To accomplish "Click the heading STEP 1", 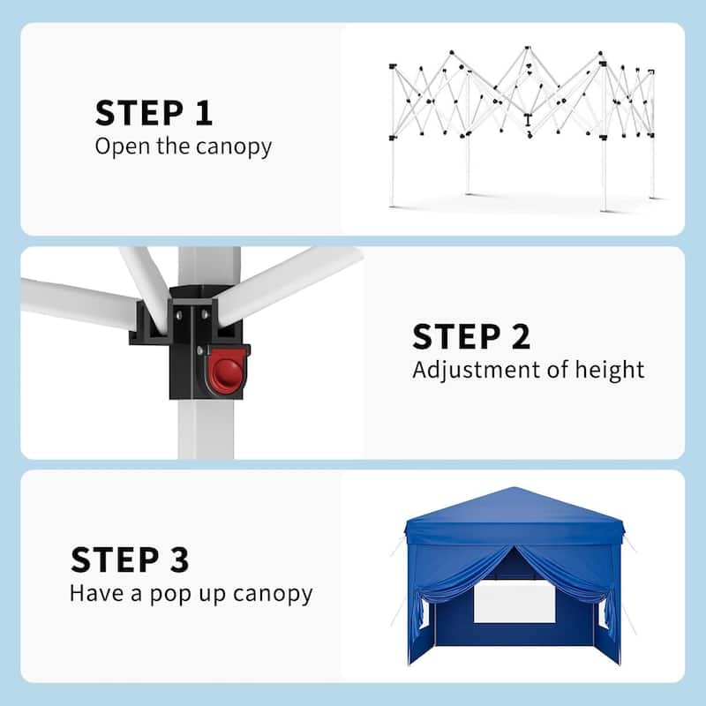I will click(x=154, y=113).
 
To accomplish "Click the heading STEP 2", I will click(x=471, y=337).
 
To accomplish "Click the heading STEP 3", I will click(x=130, y=560).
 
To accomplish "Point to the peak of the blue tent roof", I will click(x=514, y=490).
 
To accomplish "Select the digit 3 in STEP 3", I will click(x=176, y=560).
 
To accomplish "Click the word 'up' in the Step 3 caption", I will click(x=212, y=594).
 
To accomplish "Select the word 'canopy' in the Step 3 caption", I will click(x=274, y=594).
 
